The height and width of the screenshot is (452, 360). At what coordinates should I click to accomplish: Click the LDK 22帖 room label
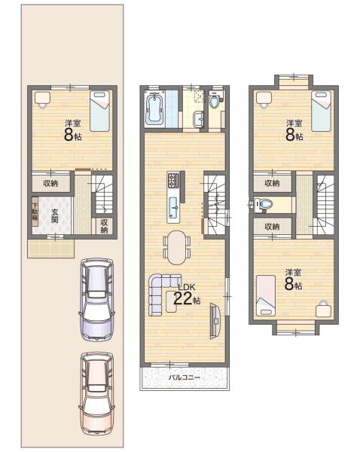tap(187, 295)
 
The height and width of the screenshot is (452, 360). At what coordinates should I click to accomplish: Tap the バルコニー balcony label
tap(185, 377)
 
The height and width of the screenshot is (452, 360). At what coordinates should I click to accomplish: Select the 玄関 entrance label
tap(54, 215)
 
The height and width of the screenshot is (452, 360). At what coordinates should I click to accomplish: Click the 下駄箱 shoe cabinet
tap(35, 212)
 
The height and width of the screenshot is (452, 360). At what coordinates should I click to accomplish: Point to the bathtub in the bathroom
tap(155, 109)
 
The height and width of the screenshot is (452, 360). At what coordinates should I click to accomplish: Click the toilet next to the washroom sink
tap(214, 101)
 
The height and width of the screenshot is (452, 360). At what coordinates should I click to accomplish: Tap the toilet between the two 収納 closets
tap(264, 204)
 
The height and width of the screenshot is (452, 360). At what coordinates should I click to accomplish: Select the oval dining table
tap(177, 247)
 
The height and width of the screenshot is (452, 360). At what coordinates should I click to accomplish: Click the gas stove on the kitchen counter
tap(173, 181)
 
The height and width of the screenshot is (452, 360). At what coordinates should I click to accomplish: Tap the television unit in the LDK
tap(215, 321)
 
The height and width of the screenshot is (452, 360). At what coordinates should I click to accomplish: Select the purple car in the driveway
tap(97, 298)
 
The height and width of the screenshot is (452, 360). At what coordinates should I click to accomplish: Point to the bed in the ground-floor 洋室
tap(99, 111)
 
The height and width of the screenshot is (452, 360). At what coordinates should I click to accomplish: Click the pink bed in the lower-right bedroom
tap(266, 295)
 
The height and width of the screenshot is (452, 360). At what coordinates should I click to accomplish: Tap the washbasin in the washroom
tap(199, 119)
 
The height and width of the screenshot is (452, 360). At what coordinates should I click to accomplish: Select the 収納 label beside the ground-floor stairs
tap(104, 226)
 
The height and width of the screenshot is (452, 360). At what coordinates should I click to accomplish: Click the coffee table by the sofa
tap(172, 301)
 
